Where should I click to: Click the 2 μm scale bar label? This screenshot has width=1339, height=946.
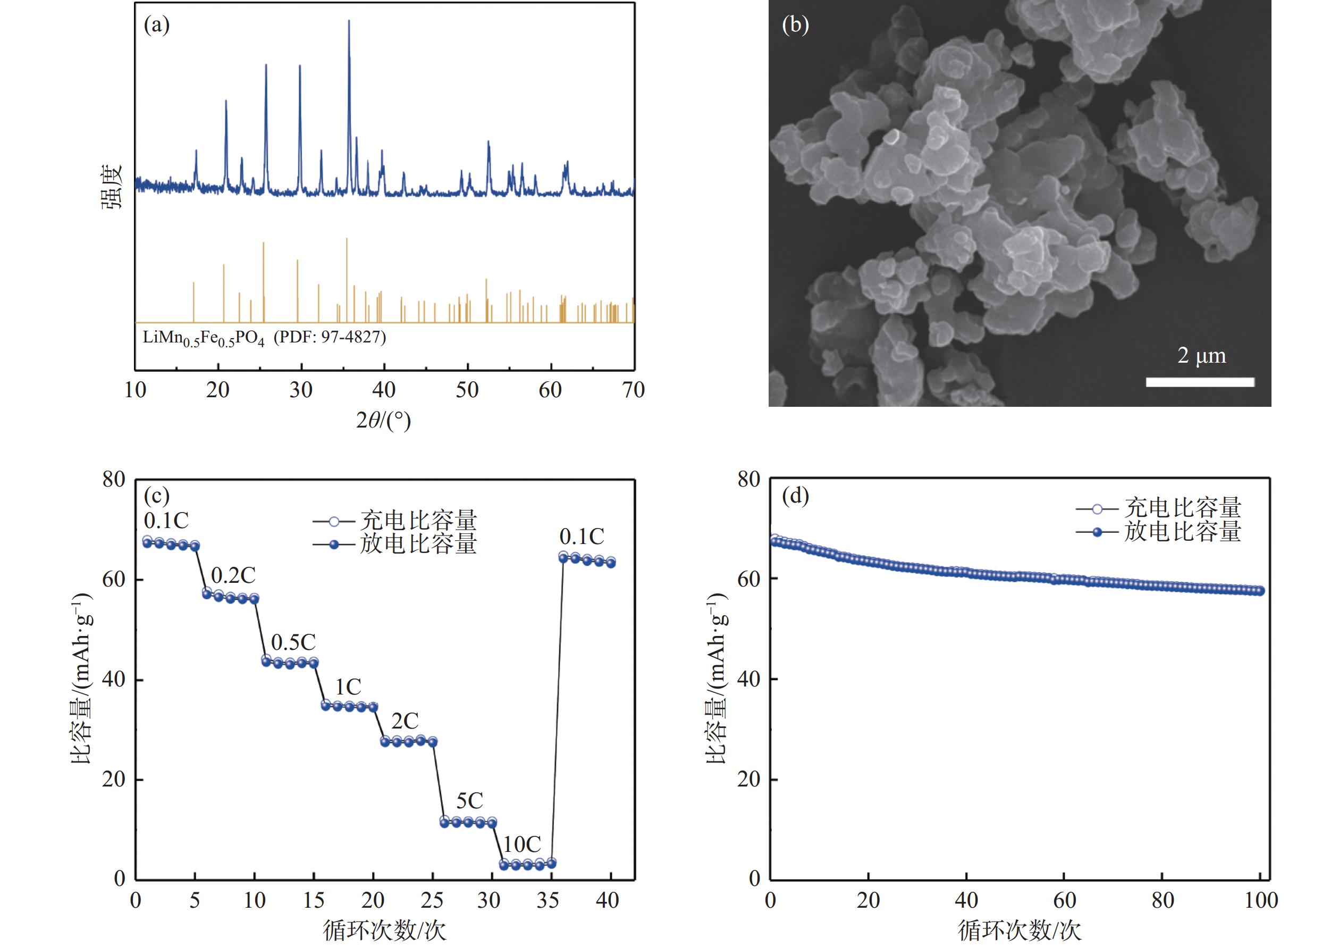(1201, 356)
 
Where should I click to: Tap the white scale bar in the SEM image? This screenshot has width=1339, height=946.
(1200, 382)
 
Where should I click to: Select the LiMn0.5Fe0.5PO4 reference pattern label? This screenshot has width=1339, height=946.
(264, 338)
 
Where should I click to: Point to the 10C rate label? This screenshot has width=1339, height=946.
(522, 844)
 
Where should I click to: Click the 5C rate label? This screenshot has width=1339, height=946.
(469, 800)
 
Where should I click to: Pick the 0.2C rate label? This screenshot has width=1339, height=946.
(233, 576)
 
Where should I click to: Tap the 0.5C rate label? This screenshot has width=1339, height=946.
(293, 642)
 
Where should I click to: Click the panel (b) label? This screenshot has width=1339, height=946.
(795, 25)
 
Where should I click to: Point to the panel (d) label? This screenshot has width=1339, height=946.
(795, 496)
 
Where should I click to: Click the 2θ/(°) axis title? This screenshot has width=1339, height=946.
(383, 420)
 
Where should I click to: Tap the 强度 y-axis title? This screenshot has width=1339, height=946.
(112, 186)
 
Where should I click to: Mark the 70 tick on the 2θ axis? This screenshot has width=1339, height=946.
(633, 390)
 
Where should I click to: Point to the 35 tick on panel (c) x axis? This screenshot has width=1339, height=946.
(548, 900)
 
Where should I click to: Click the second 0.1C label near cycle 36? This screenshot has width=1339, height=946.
(582, 536)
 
